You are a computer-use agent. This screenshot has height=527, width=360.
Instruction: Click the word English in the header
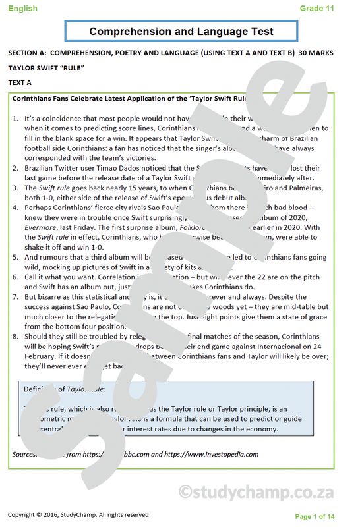click(x=23, y=9)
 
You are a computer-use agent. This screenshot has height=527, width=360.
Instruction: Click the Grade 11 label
click(x=316, y=9)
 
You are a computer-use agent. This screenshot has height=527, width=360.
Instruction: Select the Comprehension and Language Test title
click(x=181, y=31)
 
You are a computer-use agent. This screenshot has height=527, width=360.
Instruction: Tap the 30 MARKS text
click(x=316, y=52)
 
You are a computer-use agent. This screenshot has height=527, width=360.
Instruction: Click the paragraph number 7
click(x=16, y=297)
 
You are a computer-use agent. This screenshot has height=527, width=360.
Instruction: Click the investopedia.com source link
click(x=221, y=454)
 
